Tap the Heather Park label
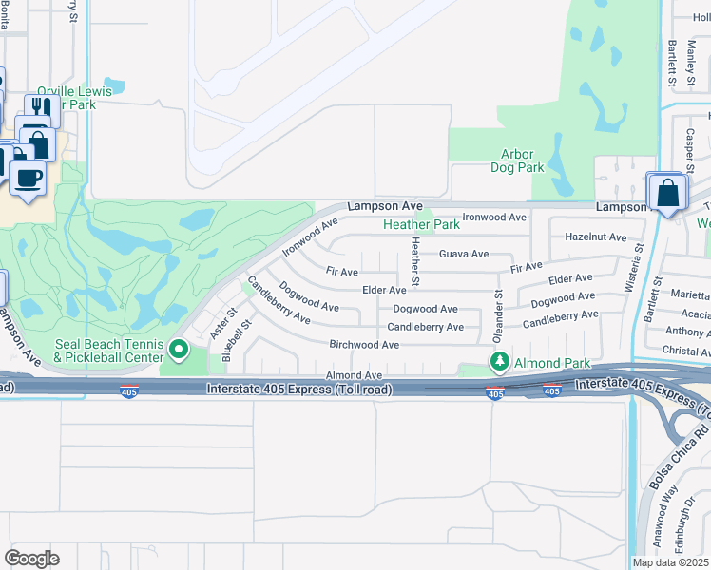tap(421, 225)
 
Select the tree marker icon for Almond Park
tap(499, 361)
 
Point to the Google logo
tap(31, 559)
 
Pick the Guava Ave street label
tap(464, 254)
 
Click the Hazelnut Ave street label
tap(595, 237)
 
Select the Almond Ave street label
tap(354, 376)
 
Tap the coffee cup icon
tap(27, 177)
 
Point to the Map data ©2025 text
tap(668, 561)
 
